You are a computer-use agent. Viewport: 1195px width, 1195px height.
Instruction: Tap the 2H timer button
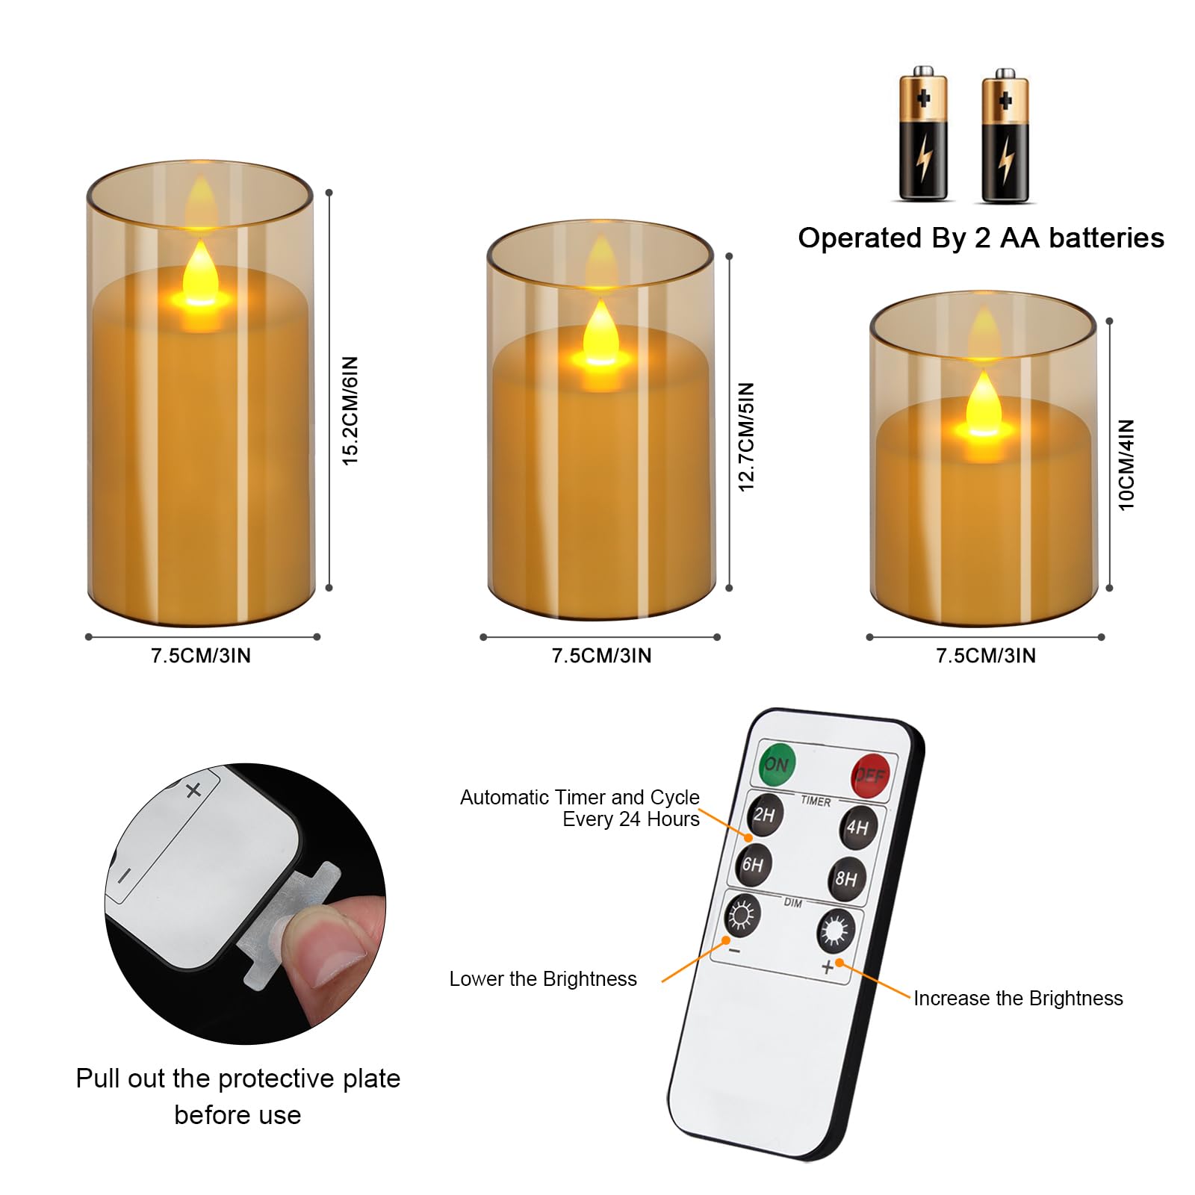click(763, 814)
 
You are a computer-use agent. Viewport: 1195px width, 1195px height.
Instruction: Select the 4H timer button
click(857, 827)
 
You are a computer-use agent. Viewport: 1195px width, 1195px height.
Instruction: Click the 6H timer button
click(753, 864)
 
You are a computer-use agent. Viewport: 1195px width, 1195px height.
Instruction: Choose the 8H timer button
click(846, 878)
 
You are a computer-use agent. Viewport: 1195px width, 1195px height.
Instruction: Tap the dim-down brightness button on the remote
click(742, 915)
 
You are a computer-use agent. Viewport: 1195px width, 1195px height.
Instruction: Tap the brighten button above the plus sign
click(835, 931)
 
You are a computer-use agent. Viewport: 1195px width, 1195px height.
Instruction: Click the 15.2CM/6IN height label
click(350, 411)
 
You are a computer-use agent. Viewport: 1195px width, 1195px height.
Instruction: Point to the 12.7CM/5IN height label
click(747, 437)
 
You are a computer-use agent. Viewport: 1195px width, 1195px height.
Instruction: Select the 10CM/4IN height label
click(1126, 465)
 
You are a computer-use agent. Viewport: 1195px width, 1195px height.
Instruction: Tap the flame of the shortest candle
click(983, 403)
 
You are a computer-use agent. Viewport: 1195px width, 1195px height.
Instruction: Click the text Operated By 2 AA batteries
click(981, 238)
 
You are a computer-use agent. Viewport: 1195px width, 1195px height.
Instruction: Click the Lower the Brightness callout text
click(543, 979)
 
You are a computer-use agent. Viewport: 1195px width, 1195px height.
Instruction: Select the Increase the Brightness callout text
click(1018, 999)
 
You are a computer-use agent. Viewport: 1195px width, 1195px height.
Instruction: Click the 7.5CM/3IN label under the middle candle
click(601, 656)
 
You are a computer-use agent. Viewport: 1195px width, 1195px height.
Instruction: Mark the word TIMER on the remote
click(816, 801)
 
